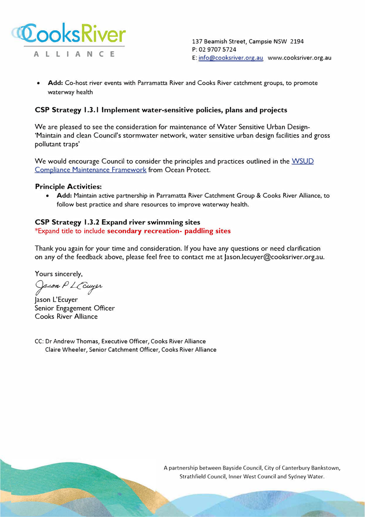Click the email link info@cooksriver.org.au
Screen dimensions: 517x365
click(x=230, y=58)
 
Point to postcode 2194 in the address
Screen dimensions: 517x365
click(x=297, y=41)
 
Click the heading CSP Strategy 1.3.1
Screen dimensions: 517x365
click(x=161, y=110)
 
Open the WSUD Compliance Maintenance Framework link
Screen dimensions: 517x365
click(x=91, y=170)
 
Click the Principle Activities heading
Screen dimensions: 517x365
click(x=68, y=187)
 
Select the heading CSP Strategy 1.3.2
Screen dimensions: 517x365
click(x=118, y=222)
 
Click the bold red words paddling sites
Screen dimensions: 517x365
click(x=207, y=231)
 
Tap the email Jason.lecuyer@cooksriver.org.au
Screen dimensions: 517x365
click(x=274, y=257)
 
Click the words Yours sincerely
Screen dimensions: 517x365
click(x=59, y=274)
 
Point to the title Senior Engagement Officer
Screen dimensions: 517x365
click(x=74, y=308)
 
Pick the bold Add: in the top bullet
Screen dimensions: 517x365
click(x=55, y=83)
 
